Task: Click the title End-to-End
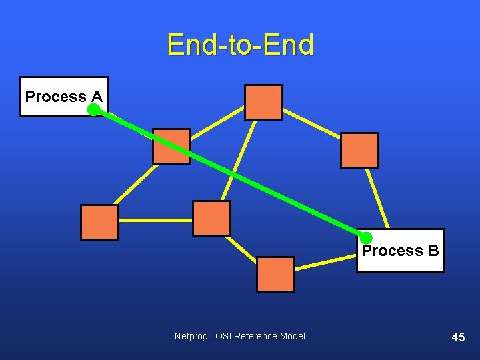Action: click(240, 45)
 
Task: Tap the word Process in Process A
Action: click(55, 97)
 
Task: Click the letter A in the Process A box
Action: click(96, 97)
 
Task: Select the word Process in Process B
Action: click(392, 251)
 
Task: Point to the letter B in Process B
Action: click(433, 251)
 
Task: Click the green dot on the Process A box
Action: click(94, 110)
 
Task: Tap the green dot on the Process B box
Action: click(366, 238)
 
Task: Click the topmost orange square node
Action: click(263, 102)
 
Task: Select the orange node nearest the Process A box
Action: click(171, 146)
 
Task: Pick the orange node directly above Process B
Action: click(359, 150)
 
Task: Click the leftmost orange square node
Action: click(99, 222)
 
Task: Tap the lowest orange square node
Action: click(275, 274)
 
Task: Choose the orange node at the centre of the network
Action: click(211, 218)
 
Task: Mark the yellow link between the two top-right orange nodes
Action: click(311, 125)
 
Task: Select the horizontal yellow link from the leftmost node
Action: click(155, 219)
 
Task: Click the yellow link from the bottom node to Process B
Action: click(325, 263)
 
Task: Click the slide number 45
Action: click(458, 337)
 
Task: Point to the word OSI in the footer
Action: click(223, 336)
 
